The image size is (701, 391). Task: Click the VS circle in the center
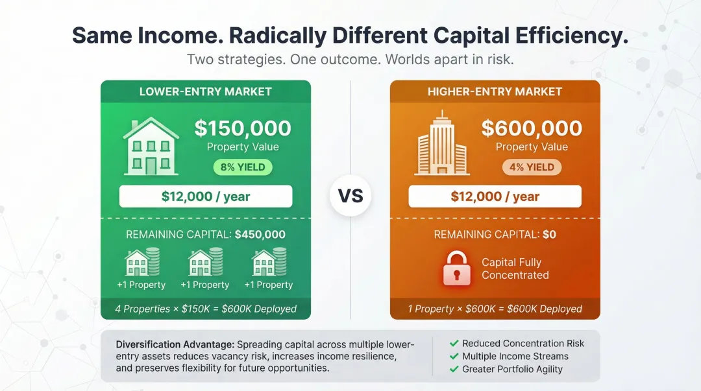point(350,195)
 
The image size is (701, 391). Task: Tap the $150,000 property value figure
point(243,128)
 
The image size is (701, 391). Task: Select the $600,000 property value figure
point(532,128)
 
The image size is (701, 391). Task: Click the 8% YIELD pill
point(243,167)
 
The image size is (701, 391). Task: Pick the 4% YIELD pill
point(532,167)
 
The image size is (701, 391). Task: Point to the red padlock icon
point(457,268)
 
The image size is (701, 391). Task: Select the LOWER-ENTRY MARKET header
point(206,91)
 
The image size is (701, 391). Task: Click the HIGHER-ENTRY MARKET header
point(495,91)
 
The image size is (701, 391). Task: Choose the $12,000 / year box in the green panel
point(206,196)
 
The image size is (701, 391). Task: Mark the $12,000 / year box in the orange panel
point(495,196)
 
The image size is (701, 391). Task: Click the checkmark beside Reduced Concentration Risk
point(454,344)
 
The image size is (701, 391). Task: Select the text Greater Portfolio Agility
point(512,369)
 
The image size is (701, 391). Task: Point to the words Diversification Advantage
point(175,344)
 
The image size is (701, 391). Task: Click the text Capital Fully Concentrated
point(515,268)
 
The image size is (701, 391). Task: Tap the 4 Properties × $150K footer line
point(206,309)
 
